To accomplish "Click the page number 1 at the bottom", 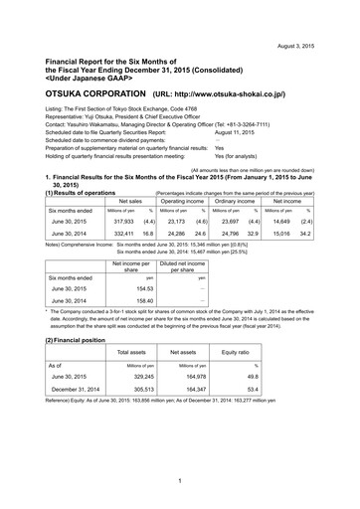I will tap(179, 482).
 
